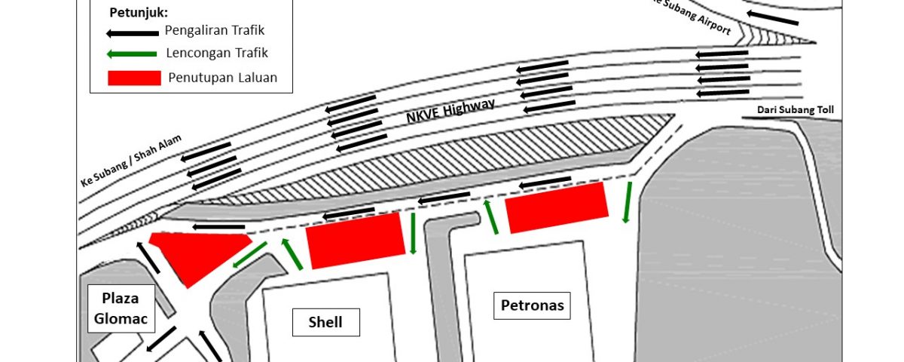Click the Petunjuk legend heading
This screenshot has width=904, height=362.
coord(139,13)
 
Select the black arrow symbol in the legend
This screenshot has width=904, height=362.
coord(133,33)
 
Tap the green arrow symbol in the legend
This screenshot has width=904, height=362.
coord(132,54)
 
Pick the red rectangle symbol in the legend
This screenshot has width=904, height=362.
coord(134,78)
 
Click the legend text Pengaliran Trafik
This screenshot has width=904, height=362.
coord(215,30)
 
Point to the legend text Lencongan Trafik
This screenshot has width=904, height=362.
coord(217,53)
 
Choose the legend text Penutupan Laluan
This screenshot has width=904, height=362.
coord(223,78)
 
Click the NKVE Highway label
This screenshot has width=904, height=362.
coord(450,111)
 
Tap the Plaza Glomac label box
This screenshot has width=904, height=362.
coord(121,308)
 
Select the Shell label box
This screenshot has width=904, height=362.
coord(326,323)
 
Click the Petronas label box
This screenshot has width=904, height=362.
coord(533,305)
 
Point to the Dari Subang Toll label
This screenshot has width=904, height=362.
coord(795,110)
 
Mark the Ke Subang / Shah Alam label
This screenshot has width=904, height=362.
coord(132,161)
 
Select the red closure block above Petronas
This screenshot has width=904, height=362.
coord(557,207)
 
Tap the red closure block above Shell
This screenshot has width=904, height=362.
coord(356,241)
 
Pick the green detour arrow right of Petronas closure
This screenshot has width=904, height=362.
coord(627,202)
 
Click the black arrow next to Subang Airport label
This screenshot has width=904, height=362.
coord(772,18)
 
